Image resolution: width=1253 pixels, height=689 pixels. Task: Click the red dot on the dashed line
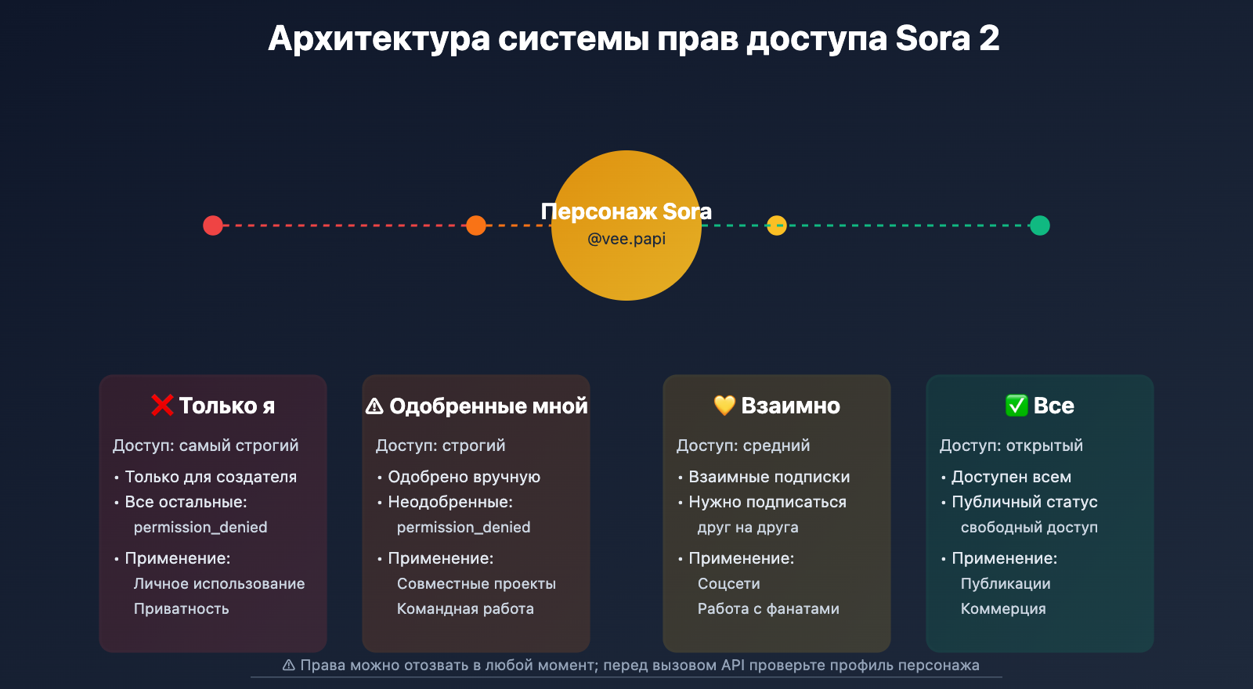[213, 225]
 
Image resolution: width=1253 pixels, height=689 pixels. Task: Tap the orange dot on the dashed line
[476, 225]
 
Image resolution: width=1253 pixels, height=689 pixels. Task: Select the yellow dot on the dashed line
[776, 225]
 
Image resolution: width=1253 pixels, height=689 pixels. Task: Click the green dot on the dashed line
[1039, 225]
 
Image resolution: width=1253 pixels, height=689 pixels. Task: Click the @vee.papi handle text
[626, 239]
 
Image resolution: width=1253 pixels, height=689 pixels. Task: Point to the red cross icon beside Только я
[162, 405]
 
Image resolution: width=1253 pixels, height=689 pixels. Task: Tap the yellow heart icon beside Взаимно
[724, 405]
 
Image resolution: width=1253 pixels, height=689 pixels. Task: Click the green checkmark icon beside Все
[1016, 405]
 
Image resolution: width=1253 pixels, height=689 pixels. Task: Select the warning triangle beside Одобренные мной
[375, 406]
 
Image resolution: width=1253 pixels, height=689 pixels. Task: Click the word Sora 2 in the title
[947, 38]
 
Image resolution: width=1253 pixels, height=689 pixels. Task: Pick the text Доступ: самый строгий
[206, 446]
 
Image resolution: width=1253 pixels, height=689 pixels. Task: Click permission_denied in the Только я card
[200, 527]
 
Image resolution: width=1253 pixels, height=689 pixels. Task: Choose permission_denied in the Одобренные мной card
[464, 527]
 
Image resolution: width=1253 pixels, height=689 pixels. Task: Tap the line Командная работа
[465, 608]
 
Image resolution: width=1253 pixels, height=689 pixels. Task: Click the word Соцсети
[729, 583]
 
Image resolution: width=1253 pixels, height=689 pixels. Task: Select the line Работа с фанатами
[768, 608]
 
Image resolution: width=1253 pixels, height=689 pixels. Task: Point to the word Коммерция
[1003, 608]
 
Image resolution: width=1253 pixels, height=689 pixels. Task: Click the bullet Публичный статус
[1024, 502]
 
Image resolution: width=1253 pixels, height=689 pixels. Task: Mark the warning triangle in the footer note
[289, 665]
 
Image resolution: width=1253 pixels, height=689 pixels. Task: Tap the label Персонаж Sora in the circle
[626, 211]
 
